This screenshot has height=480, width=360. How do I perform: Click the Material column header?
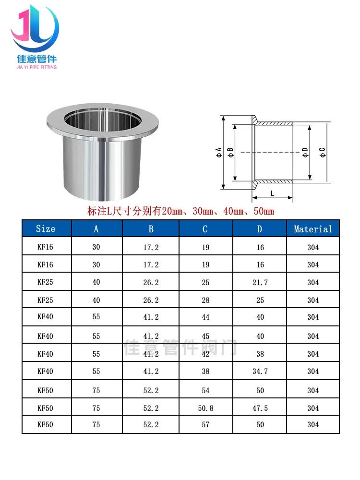coord(313,229)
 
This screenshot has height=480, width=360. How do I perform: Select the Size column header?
coord(46,228)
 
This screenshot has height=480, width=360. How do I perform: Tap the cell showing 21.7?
coord(260,282)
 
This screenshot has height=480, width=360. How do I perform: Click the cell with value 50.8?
coord(205,408)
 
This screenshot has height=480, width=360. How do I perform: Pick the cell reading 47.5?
coord(260,408)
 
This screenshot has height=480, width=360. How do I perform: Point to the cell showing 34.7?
coord(260,372)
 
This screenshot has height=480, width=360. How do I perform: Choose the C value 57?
coord(205,425)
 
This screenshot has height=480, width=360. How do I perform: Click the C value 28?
coord(205,300)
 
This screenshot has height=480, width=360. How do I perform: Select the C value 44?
coord(205,317)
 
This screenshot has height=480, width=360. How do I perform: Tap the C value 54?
coord(205,391)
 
